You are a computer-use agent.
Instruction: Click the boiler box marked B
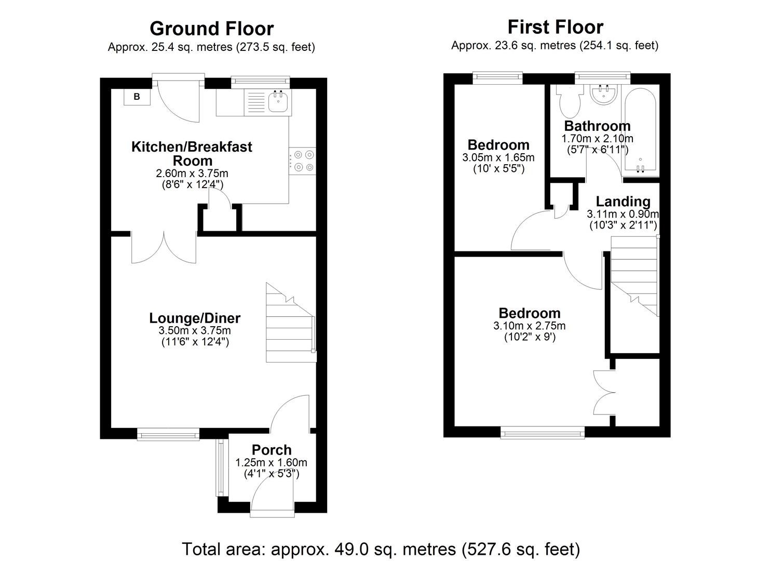(x=137, y=97)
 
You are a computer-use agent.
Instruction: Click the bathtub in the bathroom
(x=641, y=130)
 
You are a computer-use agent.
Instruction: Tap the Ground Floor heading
(x=211, y=28)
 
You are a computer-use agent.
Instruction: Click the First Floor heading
(x=555, y=26)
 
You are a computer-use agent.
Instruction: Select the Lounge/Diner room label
(x=195, y=318)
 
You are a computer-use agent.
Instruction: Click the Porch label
(x=272, y=450)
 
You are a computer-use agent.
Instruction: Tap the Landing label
(x=623, y=201)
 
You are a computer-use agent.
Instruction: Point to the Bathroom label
(x=597, y=126)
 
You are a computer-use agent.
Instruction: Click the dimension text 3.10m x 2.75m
(x=529, y=326)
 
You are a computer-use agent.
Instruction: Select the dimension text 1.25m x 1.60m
(x=271, y=462)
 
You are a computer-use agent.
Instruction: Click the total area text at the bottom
(x=381, y=549)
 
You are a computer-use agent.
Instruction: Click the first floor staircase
(x=633, y=275)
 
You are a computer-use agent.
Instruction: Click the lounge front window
(x=168, y=434)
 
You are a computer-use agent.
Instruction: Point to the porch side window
(x=221, y=468)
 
